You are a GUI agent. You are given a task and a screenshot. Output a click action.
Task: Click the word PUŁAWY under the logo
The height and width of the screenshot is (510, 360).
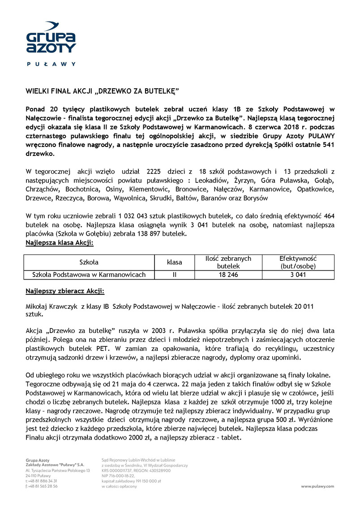point(51,64)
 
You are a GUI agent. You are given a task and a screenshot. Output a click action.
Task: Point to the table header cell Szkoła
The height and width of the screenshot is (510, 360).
point(89,262)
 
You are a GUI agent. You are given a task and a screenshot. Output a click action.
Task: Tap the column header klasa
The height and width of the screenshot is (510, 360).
point(174,262)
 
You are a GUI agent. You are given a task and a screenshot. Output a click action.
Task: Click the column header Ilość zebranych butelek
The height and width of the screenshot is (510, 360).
point(228,262)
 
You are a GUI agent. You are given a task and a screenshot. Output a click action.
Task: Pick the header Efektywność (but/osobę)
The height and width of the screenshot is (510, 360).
point(298,262)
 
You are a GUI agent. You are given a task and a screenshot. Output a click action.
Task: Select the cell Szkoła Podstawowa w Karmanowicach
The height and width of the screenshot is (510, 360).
point(89,275)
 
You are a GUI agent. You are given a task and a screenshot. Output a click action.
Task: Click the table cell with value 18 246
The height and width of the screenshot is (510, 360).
point(228,275)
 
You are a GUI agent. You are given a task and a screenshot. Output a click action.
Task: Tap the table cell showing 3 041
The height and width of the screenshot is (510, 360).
point(298,275)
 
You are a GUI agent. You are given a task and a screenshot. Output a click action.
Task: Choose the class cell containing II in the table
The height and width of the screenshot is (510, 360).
point(174,275)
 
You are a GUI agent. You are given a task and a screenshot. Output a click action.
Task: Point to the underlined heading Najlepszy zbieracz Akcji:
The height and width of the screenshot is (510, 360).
point(65,291)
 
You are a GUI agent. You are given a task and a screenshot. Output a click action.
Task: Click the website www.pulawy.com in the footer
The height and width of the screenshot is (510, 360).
point(317,486)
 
